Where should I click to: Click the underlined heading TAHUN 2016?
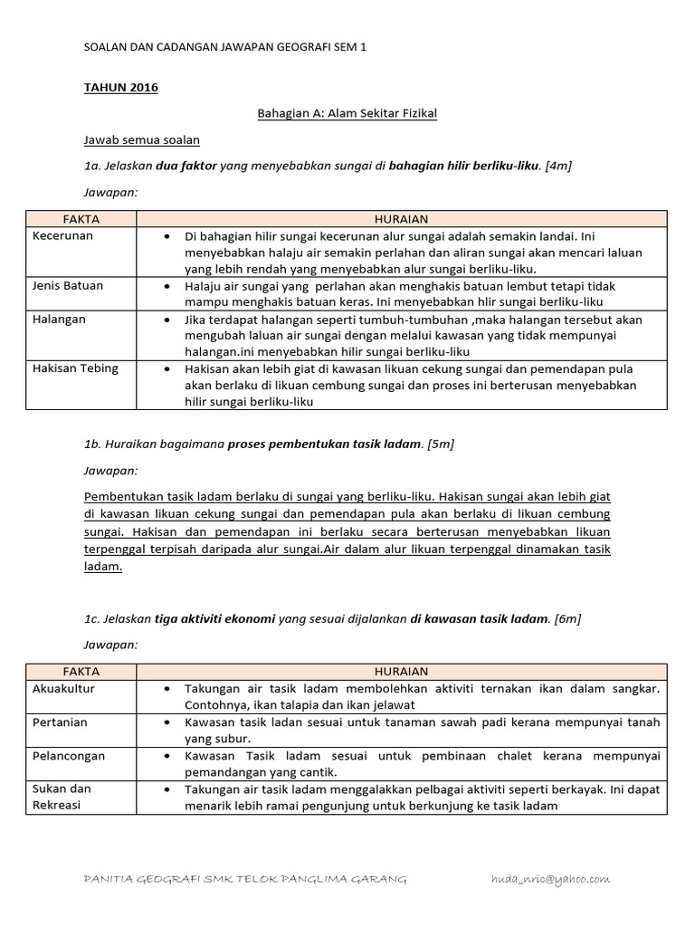[120, 88]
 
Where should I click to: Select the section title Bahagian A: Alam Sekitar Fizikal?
[347, 113]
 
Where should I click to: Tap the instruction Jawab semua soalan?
[141, 139]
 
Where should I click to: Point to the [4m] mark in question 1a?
[559, 166]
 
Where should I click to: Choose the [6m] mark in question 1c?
[566, 618]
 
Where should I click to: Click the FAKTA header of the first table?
[81, 219]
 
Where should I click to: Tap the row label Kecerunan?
[62, 235]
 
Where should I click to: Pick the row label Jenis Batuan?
[68, 285]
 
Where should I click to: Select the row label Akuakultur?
[64, 689]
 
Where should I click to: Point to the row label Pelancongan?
[69, 755]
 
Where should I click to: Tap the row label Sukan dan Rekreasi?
[62, 797]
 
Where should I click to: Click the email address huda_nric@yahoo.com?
[549, 879]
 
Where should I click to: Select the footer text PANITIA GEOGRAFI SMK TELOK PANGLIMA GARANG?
[244, 879]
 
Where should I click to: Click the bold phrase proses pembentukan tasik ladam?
[324, 444]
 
